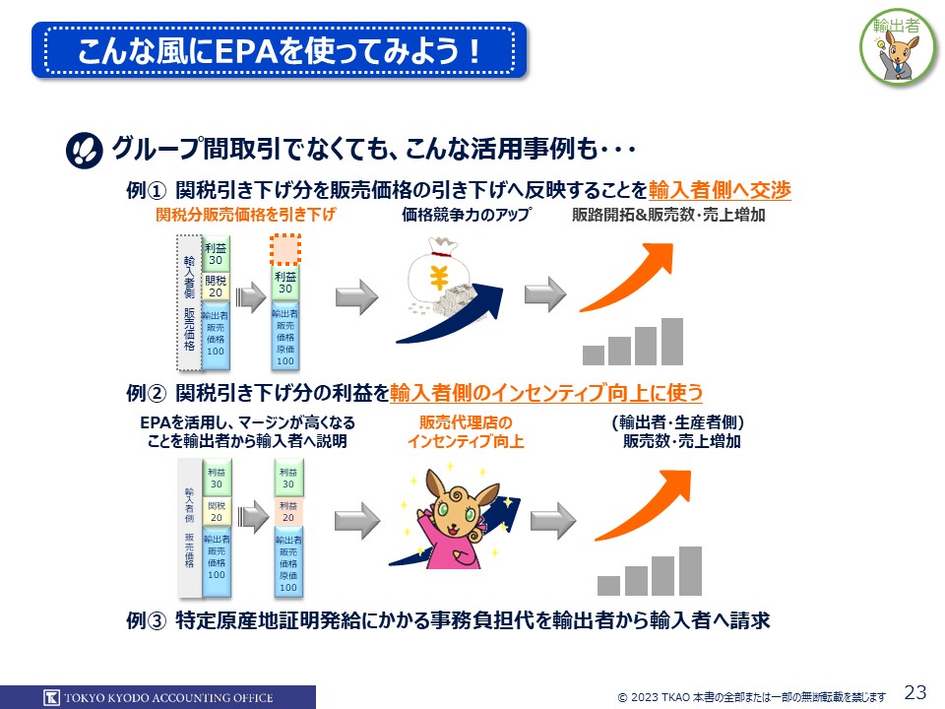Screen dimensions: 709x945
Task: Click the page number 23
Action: pyautogui.click(x=914, y=691)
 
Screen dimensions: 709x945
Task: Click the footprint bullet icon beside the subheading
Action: pyautogui.click(x=85, y=151)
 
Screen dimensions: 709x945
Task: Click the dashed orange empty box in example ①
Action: pyautogui.click(x=285, y=251)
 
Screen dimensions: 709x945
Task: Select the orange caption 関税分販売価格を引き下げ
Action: pyautogui.click(x=246, y=215)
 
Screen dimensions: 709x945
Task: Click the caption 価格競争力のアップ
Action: pyautogui.click(x=466, y=215)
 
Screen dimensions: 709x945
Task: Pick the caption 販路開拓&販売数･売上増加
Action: pyautogui.click(x=668, y=215)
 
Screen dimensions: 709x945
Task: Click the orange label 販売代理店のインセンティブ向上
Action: pyautogui.click(x=466, y=432)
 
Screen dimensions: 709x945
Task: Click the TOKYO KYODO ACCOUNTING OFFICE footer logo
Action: pyautogui.click(x=157, y=697)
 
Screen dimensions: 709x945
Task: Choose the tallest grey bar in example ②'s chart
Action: pyautogui.click(x=690, y=570)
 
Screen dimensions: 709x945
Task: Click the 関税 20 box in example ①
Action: pyautogui.click(x=216, y=287)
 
